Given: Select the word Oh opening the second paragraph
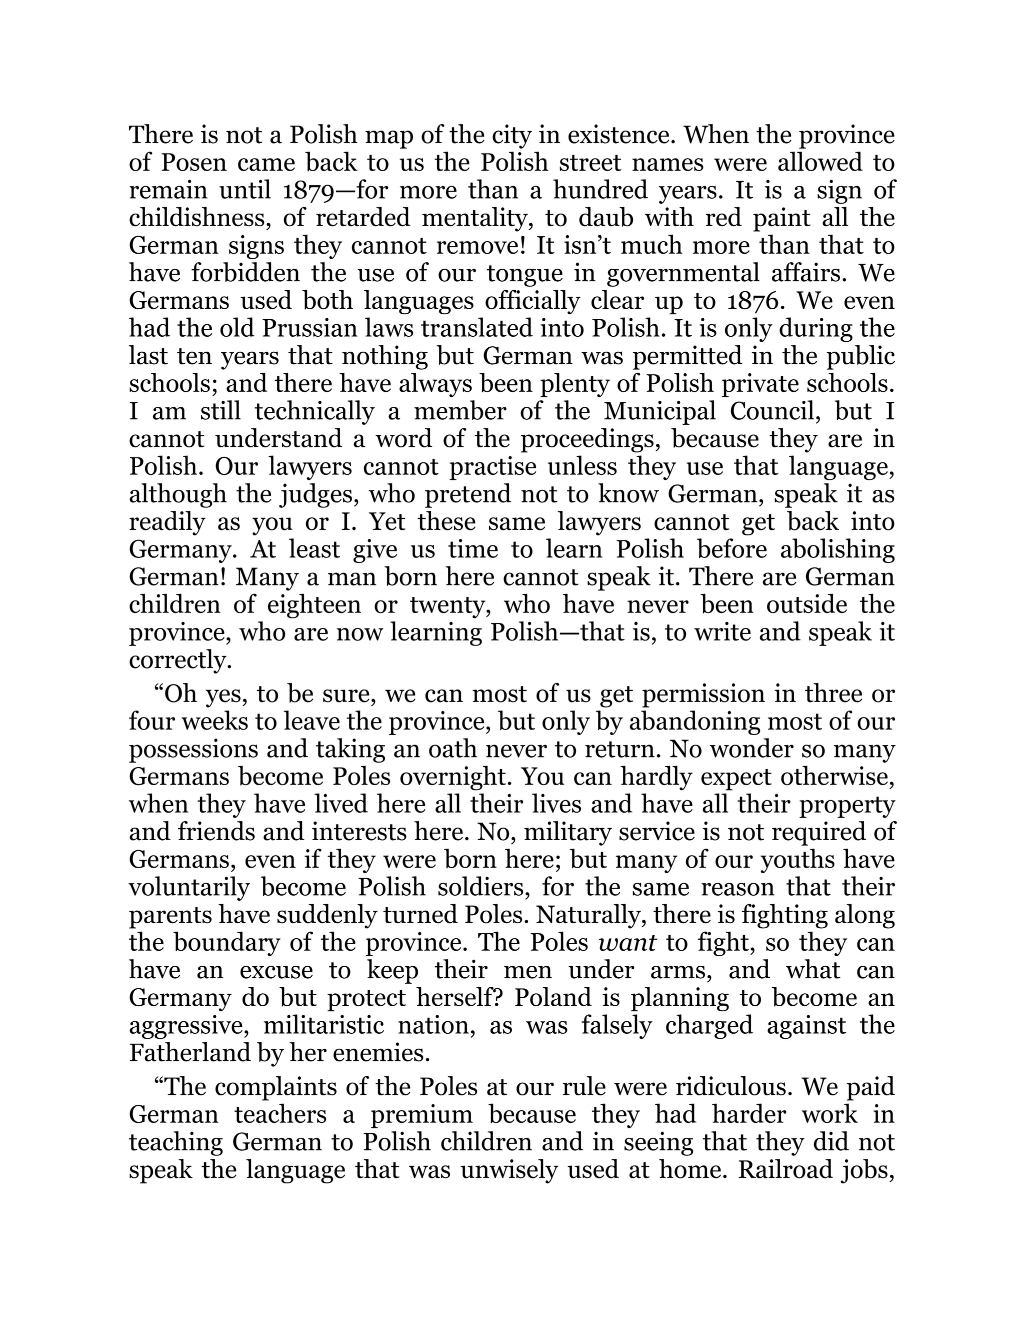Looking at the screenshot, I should [x=179, y=694].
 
